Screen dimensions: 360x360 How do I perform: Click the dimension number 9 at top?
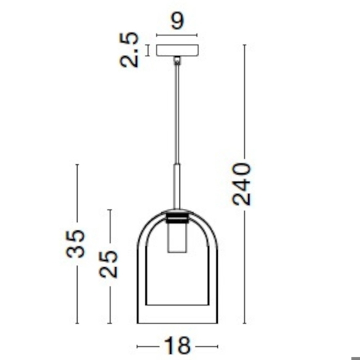(177, 21)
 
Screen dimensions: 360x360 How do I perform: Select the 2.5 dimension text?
(129, 50)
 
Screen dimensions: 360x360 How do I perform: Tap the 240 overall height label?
(242, 184)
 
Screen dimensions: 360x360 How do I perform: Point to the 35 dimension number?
(75, 243)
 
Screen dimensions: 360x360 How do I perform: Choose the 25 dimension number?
(109, 264)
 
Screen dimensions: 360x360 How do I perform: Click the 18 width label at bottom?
(177, 346)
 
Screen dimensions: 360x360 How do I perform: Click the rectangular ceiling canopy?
(177, 50)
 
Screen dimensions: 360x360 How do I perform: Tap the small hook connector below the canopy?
(177, 61)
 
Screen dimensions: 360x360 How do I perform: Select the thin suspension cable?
(177, 114)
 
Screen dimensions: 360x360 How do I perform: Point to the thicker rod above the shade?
(177, 187)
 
